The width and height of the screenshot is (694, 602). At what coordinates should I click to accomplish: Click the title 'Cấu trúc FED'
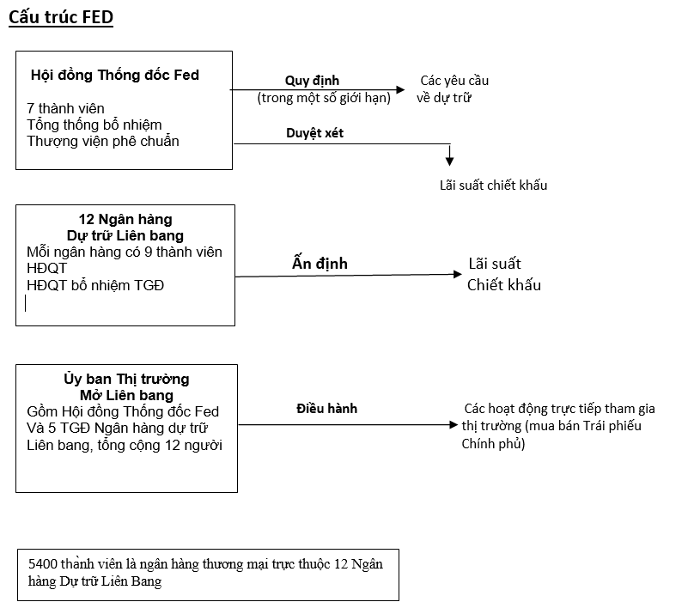point(61,18)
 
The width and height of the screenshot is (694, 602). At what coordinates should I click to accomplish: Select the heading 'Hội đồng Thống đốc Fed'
point(115,76)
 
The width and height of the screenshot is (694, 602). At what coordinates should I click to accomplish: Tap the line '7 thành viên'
point(65,108)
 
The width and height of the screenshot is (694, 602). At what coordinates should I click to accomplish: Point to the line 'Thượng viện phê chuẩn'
point(103,141)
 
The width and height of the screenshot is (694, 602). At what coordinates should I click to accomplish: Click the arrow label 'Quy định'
point(312,81)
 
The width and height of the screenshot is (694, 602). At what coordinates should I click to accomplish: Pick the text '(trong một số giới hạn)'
point(324,98)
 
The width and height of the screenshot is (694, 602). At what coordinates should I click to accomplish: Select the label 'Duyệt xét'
point(314,133)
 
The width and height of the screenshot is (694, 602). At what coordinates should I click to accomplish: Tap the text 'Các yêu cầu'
point(454,81)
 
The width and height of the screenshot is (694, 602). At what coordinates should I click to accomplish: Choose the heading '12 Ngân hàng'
point(125,220)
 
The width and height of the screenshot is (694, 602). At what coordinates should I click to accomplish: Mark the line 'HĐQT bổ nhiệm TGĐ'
point(95,285)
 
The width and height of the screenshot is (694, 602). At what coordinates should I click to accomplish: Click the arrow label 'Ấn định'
point(320,263)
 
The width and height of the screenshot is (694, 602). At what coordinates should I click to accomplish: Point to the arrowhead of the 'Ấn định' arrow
point(458,275)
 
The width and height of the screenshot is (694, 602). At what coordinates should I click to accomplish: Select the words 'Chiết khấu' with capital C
point(504,285)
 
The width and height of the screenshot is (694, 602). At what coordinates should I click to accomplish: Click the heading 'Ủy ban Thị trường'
point(126,379)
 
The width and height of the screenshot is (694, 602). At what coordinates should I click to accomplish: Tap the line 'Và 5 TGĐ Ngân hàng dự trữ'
point(118,428)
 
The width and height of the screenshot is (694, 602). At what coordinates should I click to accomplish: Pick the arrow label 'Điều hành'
point(327,409)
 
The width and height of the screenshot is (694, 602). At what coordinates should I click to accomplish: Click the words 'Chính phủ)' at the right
point(494,443)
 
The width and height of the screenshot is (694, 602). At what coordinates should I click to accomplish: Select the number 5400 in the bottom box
point(43,564)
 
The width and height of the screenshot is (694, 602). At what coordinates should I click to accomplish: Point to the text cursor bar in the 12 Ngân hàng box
point(26,304)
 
